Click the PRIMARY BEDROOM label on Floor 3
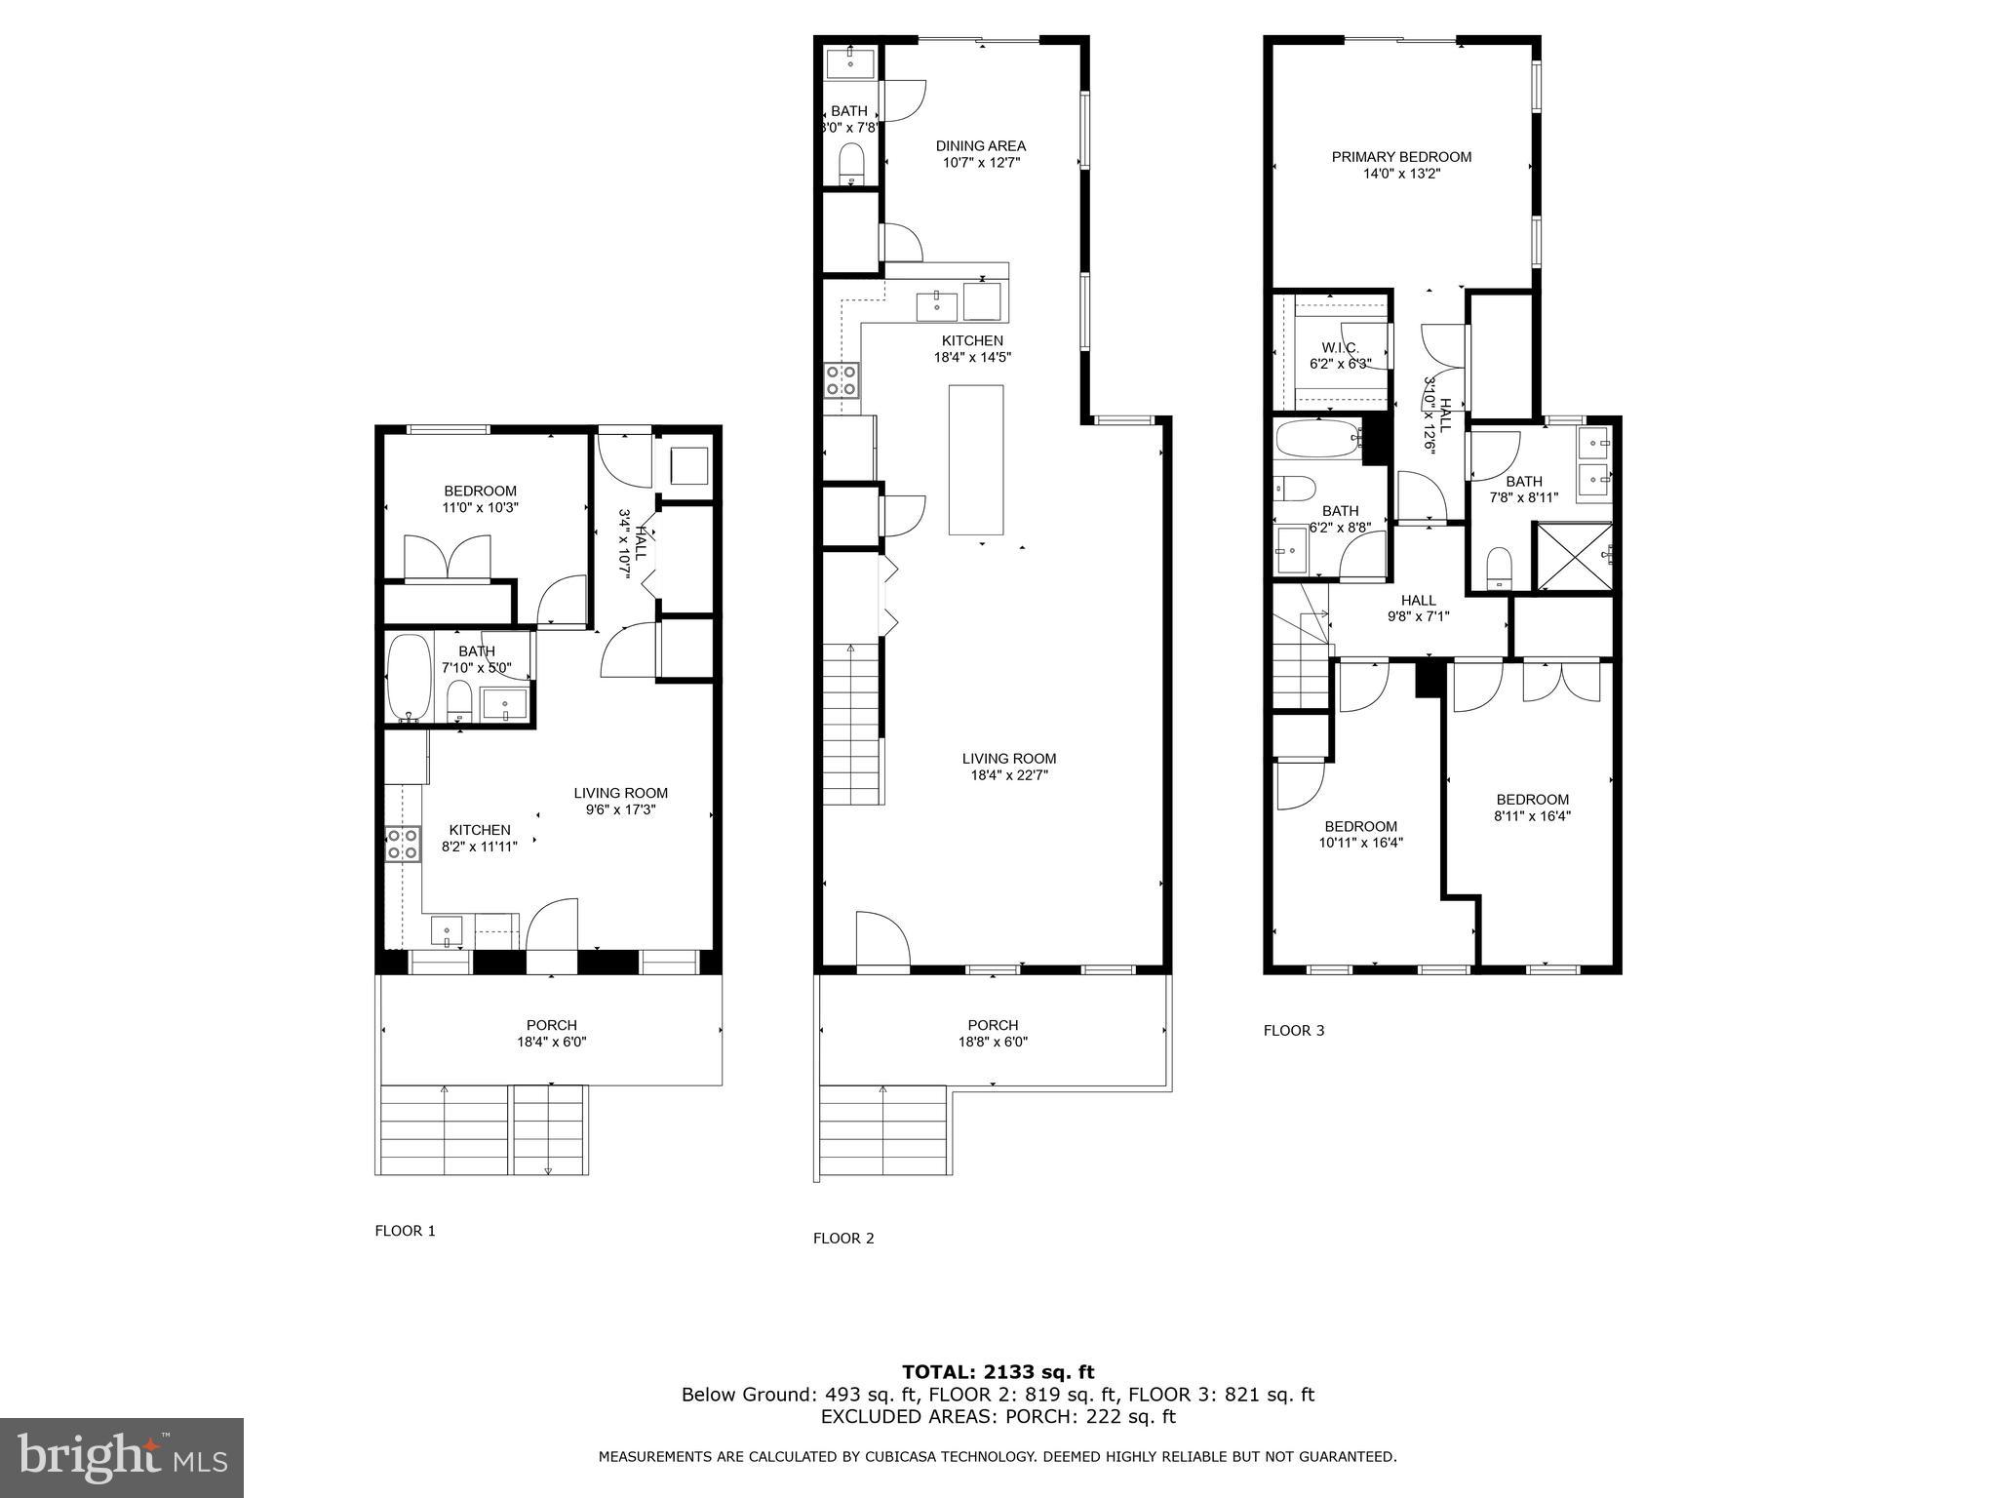tap(1401, 157)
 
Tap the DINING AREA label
tap(980, 146)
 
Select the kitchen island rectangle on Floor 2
tap(976, 459)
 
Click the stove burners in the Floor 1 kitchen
tap(403, 844)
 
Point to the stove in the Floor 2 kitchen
tap(842, 379)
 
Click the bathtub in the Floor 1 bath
tap(410, 677)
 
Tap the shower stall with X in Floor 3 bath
tap(1573, 557)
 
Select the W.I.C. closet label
tap(1340, 348)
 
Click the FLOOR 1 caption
tap(405, 1231)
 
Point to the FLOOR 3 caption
tap(1293, 1030)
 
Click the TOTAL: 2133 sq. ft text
tap(998, 1372)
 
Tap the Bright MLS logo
tap(121, 1457)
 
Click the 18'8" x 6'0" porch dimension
tap(993, 1042)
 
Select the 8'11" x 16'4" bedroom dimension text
tap(1532, 816)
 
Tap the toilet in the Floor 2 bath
tap(851, 164)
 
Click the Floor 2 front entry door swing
tap(881, 938)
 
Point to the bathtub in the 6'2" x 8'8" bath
tap(1316, 440)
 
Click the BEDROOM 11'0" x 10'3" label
tap(480, 499)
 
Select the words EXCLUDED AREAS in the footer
tap(897, 1417)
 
